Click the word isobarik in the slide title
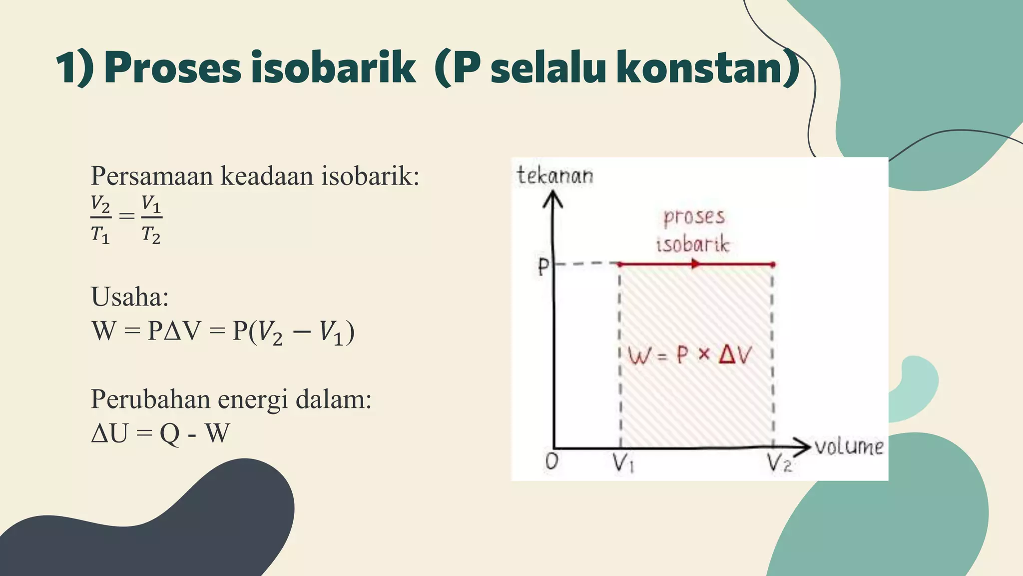click(x=333, y=68)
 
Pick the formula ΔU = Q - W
click(x=160, y=433)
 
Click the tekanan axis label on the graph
click(x=555, y=175)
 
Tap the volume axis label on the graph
click(x=849, y=446)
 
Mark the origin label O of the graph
click(x=551, y=461)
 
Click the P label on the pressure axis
click(x=543, y=267)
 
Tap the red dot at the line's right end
click(x=773, y=264)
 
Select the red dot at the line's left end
click(x=620, y=264)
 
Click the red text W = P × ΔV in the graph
click(x=689, y=355)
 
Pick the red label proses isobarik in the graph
click(x=693, y=230)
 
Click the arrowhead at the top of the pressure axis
click(x=552, y=198)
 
